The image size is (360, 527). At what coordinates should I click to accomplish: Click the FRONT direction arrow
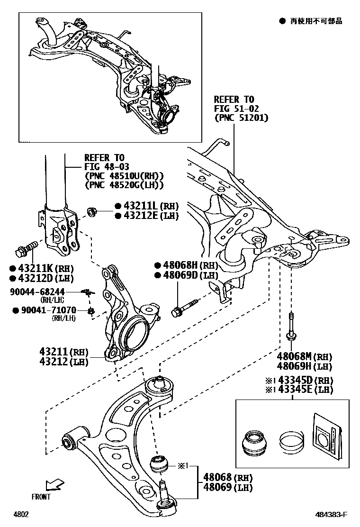click(54, 485)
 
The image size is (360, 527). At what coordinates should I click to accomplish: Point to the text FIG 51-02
click(234, 109)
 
